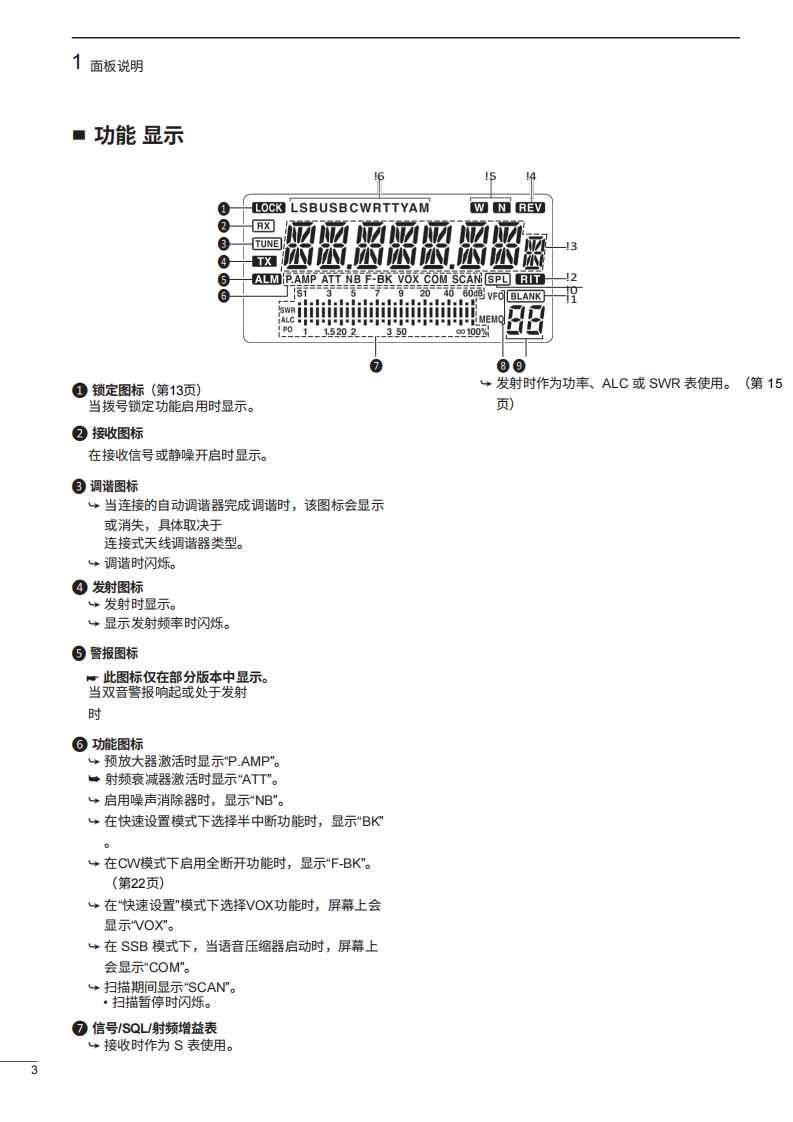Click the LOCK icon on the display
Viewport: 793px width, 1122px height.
pyautogui.click(x=268, y=208)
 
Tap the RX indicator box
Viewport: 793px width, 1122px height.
pyautogui.click(x=263, y=226)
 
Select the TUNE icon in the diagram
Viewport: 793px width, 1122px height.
pyautogui.click(x=266, y=243)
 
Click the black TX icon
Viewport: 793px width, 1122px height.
pyautogui.click(x=265, y=261)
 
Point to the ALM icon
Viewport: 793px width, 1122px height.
pyautogui.click(x=267, y=279)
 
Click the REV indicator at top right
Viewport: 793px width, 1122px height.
pyautogui.click(x=530, y=208)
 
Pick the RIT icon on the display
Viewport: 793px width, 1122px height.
pyautogui.click(x=530, y=279)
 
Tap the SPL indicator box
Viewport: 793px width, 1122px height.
pyautogui.click(x=497, y=279)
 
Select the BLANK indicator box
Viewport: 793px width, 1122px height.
pyautogui.click(x=525, y=296)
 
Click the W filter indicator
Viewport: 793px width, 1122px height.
pyautogui.click(x=480, y=208)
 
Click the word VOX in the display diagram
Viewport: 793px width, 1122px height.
pyautogui.click(x=408, y=279)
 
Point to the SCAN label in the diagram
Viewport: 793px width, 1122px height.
pyautogui.click(x=467, y=279)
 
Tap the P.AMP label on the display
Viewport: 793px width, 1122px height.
pyautogui.click(x=301, y=279)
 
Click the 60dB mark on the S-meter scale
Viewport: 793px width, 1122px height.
pyautogui.click(x=473, y=293)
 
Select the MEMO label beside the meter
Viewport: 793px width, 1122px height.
pyautogui.click(x=491, y=319)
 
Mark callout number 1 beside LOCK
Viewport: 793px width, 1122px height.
pyautogui.click(x=225, y=208)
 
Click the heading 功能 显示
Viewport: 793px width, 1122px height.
pyautogui.click(x=138, y=135)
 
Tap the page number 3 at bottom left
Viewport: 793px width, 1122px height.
pyautogui.click(x=34, y=1072)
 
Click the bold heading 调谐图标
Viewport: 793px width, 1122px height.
pyautogui.click(x=115, y=486)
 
